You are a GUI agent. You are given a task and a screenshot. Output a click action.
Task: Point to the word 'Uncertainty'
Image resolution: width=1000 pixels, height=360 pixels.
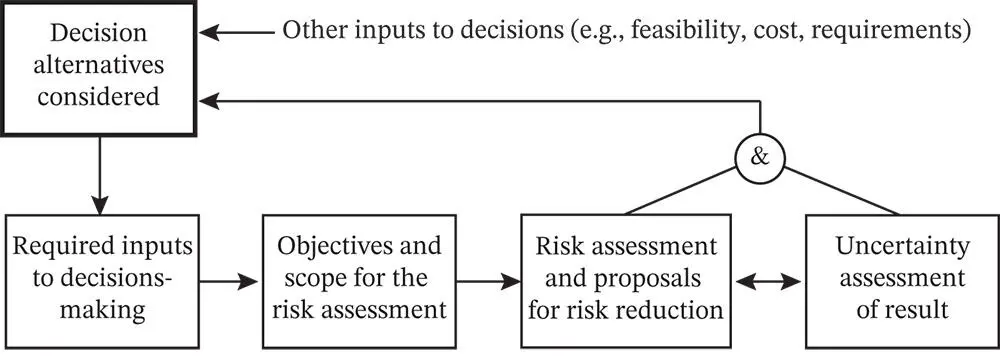point(900,246)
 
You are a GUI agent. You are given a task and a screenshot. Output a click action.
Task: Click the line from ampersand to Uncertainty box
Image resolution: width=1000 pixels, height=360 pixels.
point(840,190)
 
